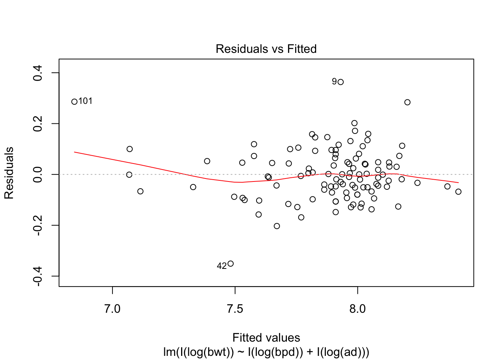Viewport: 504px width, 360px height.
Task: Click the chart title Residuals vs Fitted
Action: pos(266,49)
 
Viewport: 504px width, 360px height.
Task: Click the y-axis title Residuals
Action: pos(9,173)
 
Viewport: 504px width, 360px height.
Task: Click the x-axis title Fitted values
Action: pos(266,337)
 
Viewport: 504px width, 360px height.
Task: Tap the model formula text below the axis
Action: pos(266,352)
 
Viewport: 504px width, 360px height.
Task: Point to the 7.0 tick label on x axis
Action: pos(112,309)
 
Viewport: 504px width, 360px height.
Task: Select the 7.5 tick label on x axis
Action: pos(235,309)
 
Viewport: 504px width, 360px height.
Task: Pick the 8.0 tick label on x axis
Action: pos(357,309)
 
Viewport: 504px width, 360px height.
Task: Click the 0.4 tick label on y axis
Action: pos(38,73)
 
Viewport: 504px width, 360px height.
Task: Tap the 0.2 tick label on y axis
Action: pos(38,123)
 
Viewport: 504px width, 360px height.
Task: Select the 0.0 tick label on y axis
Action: pos(38,174)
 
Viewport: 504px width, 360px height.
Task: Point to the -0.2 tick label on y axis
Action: pos(38,225)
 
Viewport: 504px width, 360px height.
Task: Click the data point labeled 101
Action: pos(74,102)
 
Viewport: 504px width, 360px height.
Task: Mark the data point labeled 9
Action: pos(340,82)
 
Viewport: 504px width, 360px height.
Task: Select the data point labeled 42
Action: pos(231,264)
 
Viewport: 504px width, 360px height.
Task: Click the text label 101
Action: pos(85,101)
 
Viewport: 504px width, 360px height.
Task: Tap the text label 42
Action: pos(222,266)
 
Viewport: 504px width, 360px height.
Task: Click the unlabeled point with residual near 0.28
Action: pos(407,102)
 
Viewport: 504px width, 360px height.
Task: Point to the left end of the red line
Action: pos(74,152)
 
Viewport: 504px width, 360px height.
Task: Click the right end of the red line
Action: pos(458,183)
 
